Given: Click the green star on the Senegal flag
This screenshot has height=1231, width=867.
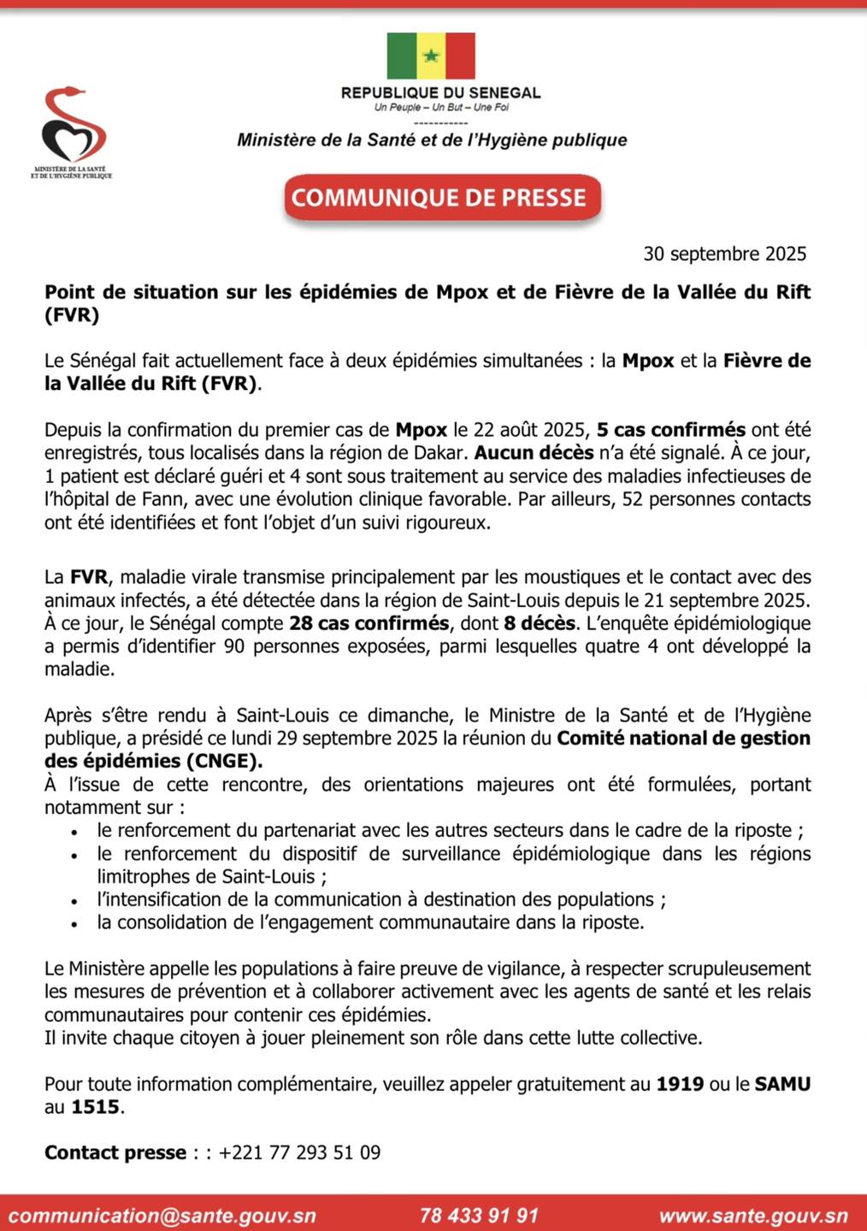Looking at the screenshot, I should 431,56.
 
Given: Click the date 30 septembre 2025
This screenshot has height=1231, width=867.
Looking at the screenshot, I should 724,254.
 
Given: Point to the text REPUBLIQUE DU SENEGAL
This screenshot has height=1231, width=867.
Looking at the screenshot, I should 440,92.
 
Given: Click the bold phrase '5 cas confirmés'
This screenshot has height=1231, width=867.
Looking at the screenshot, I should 671,430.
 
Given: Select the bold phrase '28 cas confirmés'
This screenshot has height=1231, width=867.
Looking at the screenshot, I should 369,623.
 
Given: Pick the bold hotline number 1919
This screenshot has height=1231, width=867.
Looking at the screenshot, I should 680,1084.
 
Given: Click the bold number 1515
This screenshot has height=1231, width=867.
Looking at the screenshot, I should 95,1107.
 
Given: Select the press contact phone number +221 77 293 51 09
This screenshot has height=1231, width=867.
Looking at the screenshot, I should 299,1152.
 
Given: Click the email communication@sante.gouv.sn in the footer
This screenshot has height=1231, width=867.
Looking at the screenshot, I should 162,1215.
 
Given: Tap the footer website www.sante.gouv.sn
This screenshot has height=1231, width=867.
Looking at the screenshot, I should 752,1215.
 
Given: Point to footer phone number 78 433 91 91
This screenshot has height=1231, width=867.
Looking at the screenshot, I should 479,1215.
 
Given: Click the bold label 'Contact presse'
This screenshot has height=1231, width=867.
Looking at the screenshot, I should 115,1152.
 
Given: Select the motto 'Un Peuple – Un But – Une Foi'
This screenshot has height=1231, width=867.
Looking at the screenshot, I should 441,108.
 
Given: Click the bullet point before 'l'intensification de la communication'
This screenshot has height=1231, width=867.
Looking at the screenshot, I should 76,901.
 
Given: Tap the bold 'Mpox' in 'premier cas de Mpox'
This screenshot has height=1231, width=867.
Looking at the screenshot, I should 421,430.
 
